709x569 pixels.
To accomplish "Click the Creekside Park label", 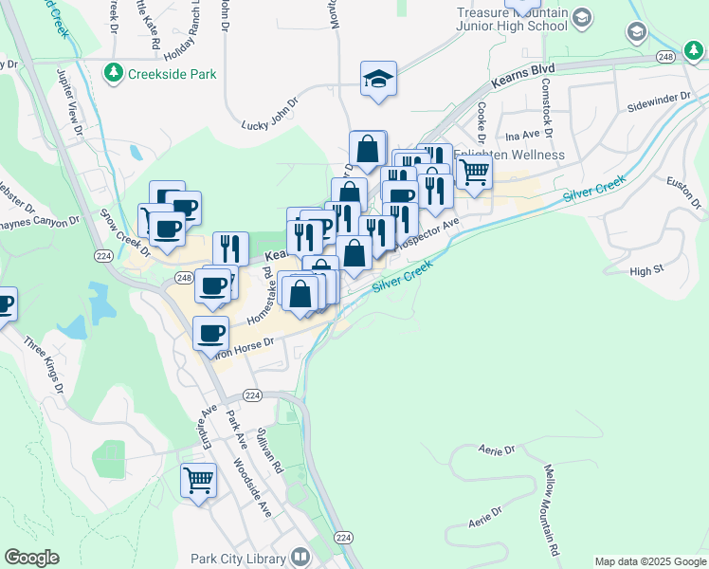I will click(174, 74).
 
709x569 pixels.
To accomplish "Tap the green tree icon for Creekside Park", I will click(114, 73).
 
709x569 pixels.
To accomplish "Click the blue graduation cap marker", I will click(378, 80).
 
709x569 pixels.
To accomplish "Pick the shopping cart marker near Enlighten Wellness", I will click(473, 173).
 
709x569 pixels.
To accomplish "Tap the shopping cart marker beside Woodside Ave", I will click(199, 480).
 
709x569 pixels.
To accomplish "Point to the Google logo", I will click(31, 558).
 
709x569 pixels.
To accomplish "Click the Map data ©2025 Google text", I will click(649, 561).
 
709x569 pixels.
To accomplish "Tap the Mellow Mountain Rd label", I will click(550, 509).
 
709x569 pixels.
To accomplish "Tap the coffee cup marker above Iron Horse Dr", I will click(211, 332).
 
